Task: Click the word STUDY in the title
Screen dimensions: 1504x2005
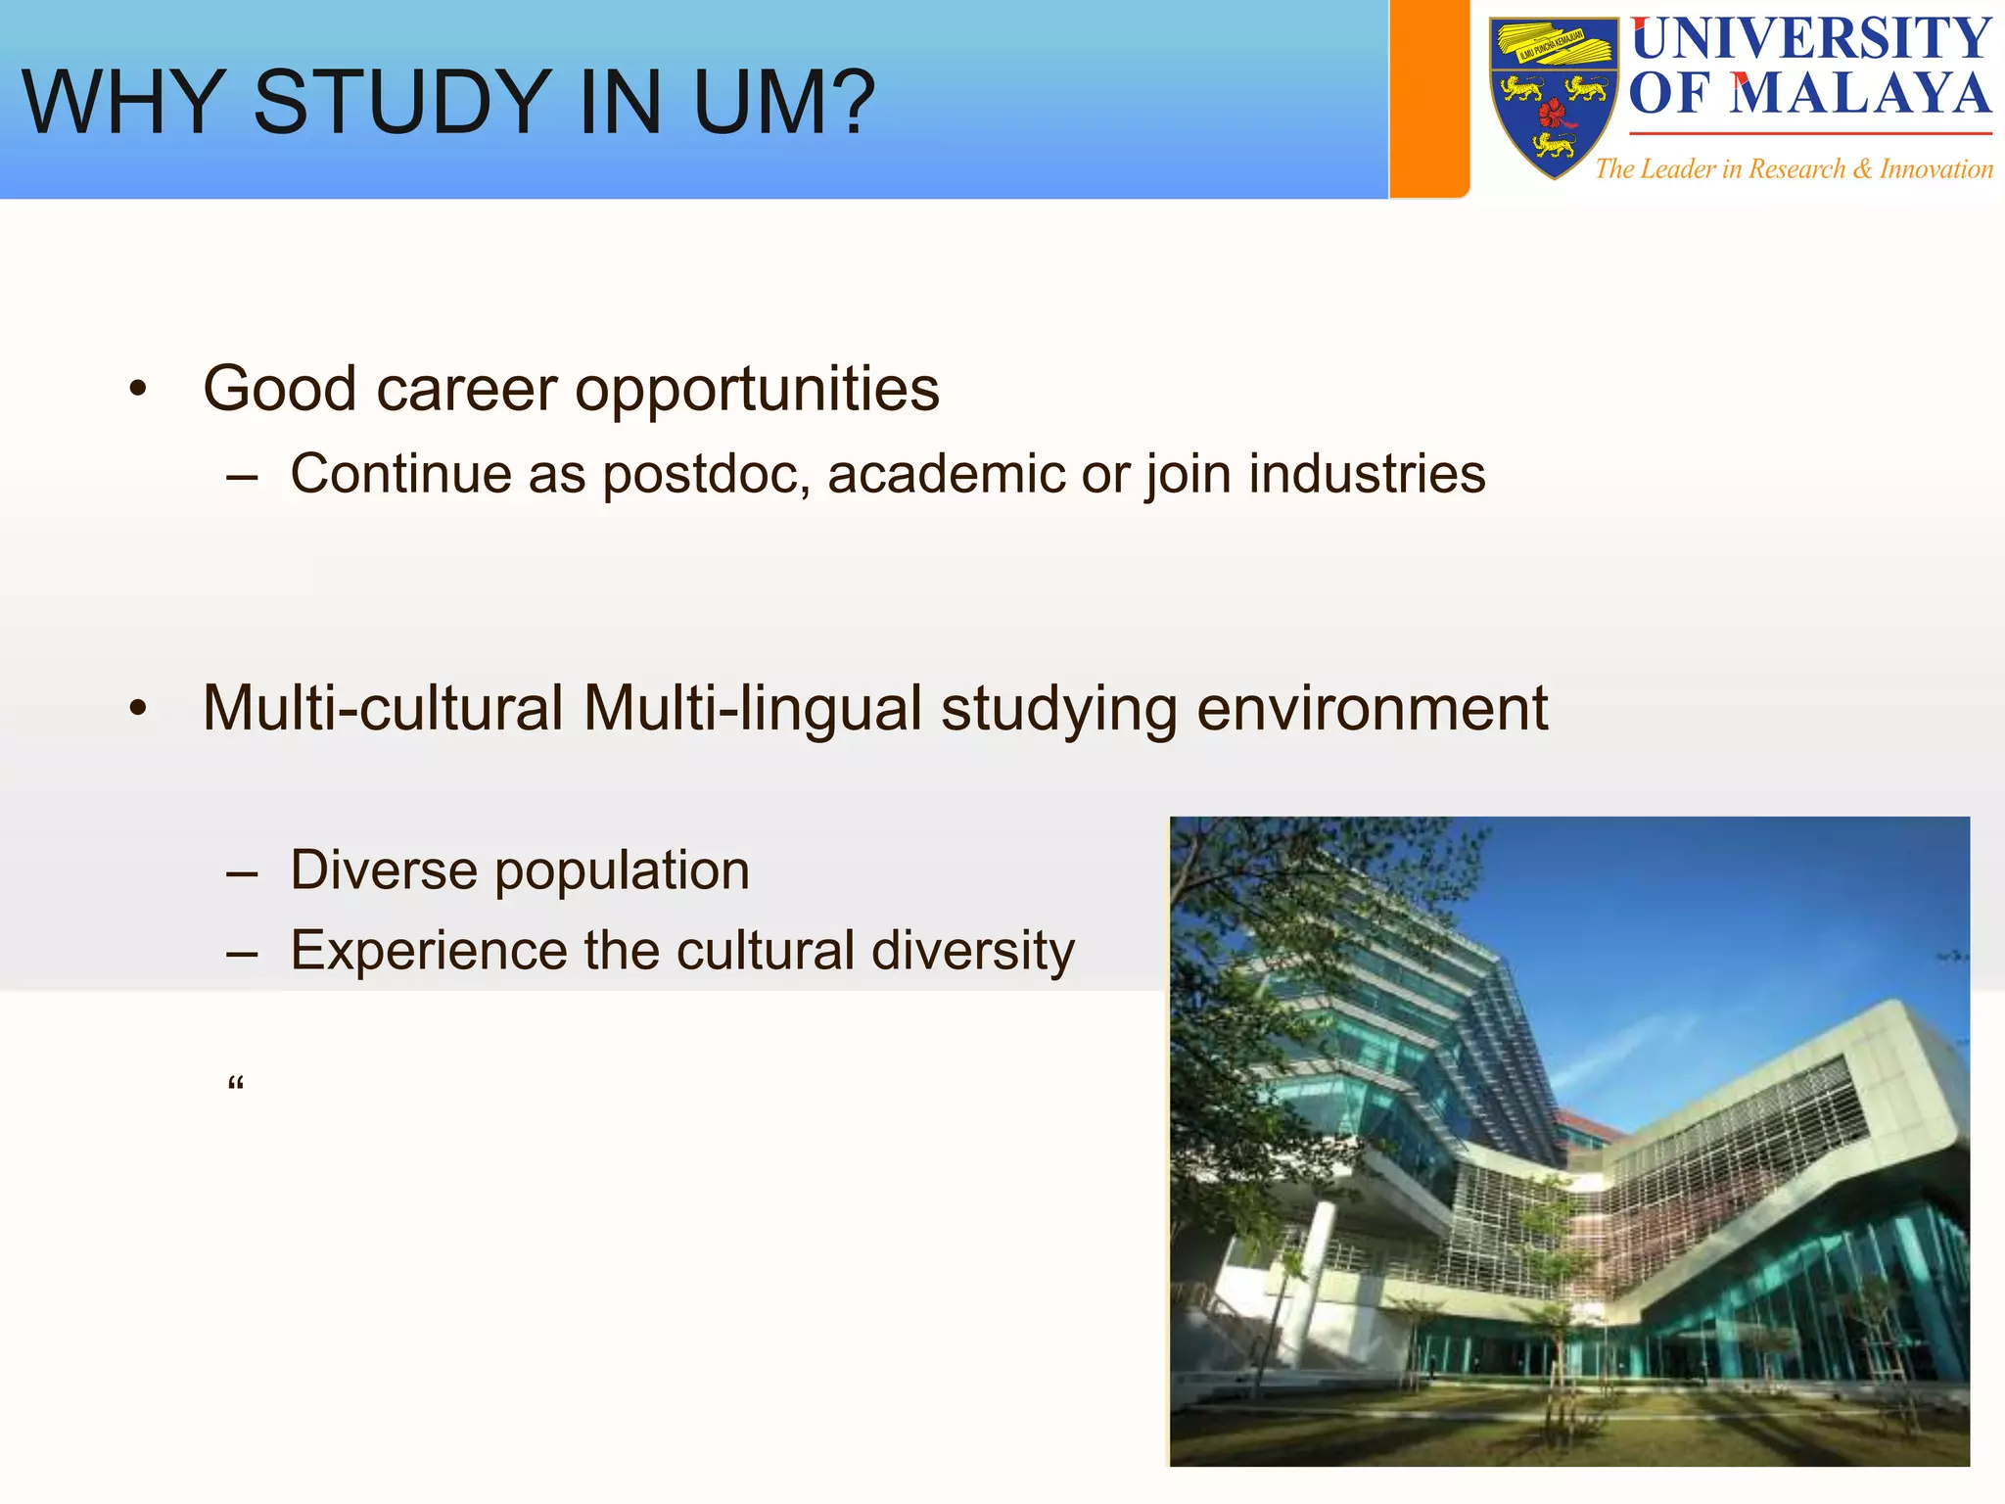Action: [x=402, y=103]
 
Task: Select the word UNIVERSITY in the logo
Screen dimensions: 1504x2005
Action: [x=1811, y=39]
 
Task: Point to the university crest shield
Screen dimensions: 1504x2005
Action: [x=1554, y=98]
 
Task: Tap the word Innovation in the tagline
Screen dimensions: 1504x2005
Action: [x=1935, y=169]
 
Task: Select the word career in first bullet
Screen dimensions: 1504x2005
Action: [x=466, y=390]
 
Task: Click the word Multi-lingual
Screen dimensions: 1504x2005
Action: [x=752, y=709]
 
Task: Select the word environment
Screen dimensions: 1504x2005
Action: [x=1372, y=709]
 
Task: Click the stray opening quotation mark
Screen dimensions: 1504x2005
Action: [x=235, y=1084]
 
